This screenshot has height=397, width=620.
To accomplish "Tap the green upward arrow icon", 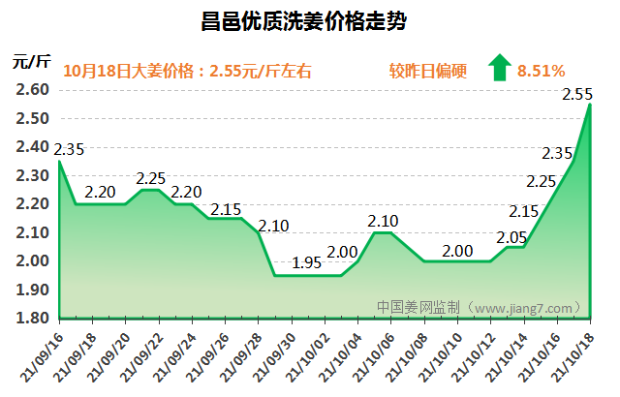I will [500, 68].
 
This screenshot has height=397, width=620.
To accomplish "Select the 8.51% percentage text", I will [542, 70].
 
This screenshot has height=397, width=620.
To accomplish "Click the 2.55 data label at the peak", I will [578, 94].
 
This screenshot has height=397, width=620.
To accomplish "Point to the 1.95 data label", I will [307, 263].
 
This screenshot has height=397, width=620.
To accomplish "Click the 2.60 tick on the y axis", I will [33, 90].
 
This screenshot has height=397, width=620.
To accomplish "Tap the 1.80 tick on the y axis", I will [33, 319].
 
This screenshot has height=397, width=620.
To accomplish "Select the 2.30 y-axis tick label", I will [33, 175].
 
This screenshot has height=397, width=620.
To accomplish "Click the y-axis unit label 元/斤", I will [31, 61].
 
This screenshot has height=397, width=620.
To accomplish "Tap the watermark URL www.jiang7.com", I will [524, 308].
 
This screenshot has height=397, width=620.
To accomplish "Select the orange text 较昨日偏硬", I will [428, 70].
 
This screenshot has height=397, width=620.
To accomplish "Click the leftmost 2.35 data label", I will [69, 150].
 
